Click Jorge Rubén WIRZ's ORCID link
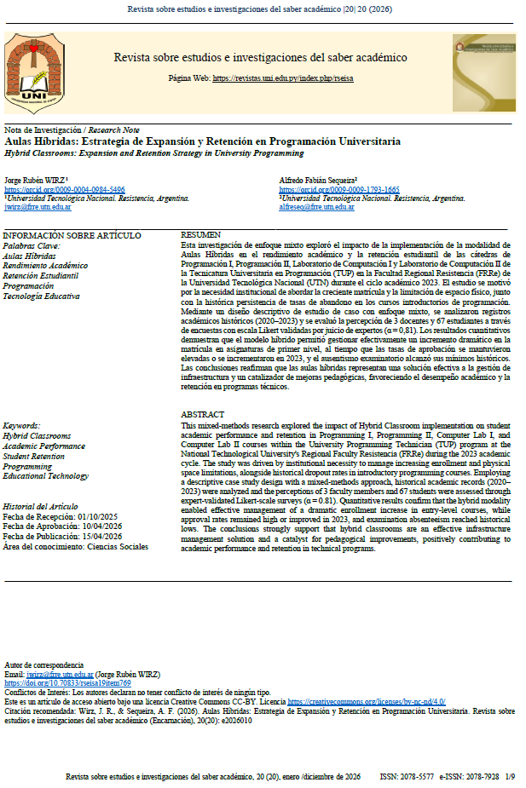(x=64, y=189)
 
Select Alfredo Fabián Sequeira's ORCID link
(x=338, y=189)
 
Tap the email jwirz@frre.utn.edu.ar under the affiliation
(x=38, y=207)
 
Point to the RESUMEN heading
(x=201, y=234)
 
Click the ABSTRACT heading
(x=203, y=414)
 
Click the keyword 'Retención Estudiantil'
(x=41, y=276)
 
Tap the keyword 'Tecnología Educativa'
(x=42, y=296)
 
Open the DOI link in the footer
(x=68, y=683)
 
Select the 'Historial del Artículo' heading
(x=42, y=506)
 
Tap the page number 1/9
(x=510, y=776)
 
